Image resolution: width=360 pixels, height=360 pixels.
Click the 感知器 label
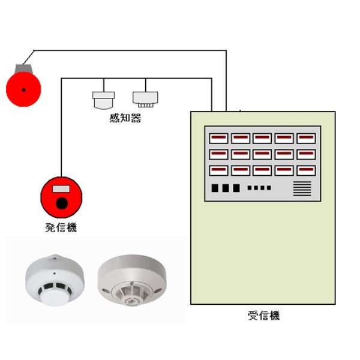point(125,118)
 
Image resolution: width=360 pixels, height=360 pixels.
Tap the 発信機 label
point(61,227)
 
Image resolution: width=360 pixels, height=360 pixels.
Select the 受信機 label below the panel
point(264,315)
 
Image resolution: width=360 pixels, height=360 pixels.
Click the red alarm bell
point(23,89)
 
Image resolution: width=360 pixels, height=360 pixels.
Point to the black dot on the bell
point(23,90)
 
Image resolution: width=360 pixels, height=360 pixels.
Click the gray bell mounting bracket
point(23,68)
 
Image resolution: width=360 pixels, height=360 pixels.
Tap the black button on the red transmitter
point(62,203)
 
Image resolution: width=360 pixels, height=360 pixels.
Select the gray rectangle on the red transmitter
point(61,189)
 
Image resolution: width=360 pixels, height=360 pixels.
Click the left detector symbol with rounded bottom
point(104,100)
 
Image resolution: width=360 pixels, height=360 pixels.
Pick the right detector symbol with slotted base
point(145,100)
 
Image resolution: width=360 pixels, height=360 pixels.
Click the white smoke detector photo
point(55,280)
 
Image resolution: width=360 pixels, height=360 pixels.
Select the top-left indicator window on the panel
point(218,138)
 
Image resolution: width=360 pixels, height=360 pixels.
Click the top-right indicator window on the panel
point(306,138)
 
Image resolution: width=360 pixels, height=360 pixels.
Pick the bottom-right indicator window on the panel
point(306,170)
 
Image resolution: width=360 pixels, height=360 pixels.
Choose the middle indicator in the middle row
point(262,155)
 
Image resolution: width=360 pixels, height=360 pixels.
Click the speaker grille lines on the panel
point(302,188)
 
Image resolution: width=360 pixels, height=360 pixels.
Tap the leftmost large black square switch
point(215,188)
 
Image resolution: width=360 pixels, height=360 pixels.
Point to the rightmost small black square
point(269,188)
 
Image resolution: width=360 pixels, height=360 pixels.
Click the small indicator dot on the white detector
point(55,274)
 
